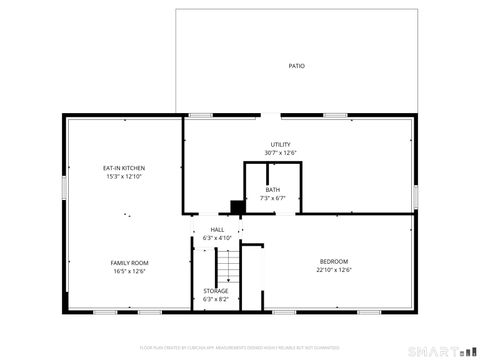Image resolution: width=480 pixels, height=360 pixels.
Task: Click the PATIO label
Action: click(x=296, y=66)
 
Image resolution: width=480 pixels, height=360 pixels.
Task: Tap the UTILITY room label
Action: click(x=281, y=145)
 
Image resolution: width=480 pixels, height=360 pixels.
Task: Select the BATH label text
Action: click(x=273, y=190)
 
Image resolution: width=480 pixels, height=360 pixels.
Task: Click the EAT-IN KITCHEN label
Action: click(x=125, y=167)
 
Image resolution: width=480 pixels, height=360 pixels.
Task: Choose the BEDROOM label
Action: click(x=334, y=262)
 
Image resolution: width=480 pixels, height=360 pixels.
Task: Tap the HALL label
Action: click(x=217, y=230)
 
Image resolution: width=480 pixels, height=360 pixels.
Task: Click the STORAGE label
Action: click(x=216, y=291)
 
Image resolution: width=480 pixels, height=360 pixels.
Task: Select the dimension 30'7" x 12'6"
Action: click(x=281, y=153)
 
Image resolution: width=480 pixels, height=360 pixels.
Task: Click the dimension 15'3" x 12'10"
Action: click(x=125, y=176)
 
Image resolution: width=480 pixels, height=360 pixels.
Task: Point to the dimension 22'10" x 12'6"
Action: click(x=334, y=270)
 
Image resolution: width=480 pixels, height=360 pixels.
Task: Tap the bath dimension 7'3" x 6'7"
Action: click(x=273, y=198)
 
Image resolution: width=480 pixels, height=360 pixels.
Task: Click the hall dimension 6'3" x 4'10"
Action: click(x=217, y=238)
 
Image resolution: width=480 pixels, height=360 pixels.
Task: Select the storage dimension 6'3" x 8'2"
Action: click(x=216, y=299)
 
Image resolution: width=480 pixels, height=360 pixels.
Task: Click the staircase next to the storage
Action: click(x=229, y=265)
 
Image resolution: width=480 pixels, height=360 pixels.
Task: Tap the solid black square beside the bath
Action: click(x=237, y=206)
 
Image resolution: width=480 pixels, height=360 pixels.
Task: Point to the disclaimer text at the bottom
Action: click(x=240, y=348)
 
